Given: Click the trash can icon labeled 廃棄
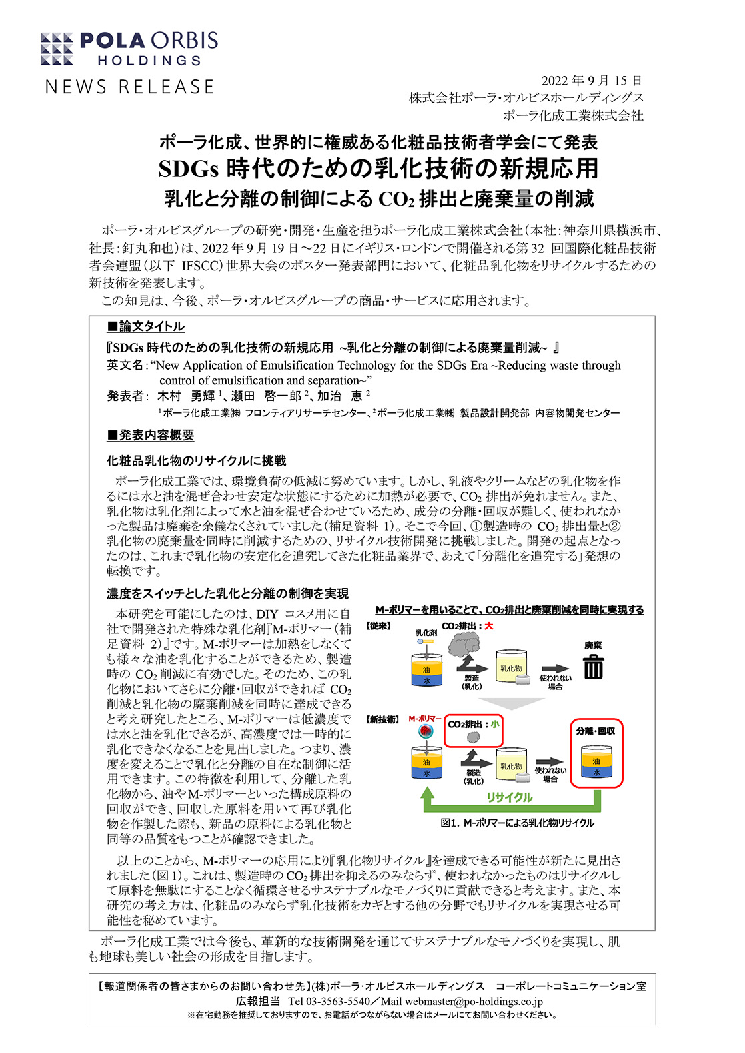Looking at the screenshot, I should point(593,667).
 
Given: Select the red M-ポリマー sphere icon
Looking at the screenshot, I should point(425,731).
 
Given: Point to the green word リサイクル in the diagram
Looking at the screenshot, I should point(509,797).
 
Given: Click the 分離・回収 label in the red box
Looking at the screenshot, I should point(596,731).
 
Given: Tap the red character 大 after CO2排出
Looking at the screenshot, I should point(489,626).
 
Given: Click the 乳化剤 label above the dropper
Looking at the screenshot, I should point(426,633).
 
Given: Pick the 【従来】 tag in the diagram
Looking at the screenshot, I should point(378,626).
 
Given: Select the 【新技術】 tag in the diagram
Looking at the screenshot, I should point(382,719).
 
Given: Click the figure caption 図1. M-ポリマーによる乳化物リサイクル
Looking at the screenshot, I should point(517,823).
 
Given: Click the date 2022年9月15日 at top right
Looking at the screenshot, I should point(592,81).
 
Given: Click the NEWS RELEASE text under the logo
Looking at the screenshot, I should point(130,87).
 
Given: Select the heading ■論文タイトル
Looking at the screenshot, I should point(146,326).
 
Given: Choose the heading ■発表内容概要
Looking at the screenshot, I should point(151,435).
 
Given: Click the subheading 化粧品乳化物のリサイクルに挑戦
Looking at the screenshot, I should point(197,461).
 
